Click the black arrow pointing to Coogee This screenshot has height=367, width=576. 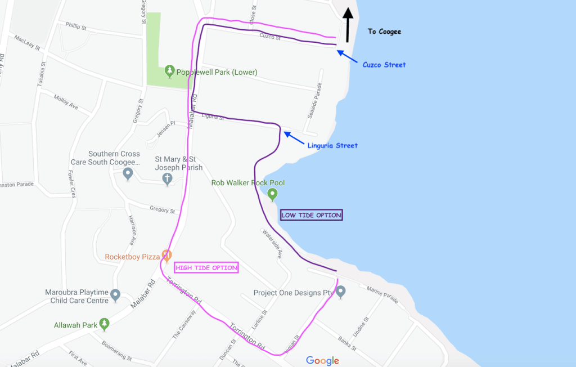click(x=348, y=25)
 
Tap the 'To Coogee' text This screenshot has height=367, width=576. click(x=384, y=32)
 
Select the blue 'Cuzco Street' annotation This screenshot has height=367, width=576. click(x=384, y=65)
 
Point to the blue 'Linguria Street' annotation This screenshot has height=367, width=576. click(x=332, y=146)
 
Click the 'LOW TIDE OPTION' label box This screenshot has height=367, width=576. click(x=312, y=215)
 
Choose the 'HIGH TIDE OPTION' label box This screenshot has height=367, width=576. click(x=207, y=267)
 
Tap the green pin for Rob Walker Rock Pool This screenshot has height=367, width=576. click(x=273, y=195)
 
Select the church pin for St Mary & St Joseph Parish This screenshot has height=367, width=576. click(x=167, y=179)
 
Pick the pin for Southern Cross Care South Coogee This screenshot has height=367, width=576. click(x=128, y=174)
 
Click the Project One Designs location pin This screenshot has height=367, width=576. click(x=340, y=292)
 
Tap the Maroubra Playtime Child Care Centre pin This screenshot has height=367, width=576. click(x=115, y=294)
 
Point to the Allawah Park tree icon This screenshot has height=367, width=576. click(x=104, y=324)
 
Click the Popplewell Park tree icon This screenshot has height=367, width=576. click(x=169, y=71)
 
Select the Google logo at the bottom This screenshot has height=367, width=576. click(x=322, y=361)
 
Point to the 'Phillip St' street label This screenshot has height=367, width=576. click(x=76, y=26)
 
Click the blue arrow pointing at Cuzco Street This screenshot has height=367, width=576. click(x=347, y=56)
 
